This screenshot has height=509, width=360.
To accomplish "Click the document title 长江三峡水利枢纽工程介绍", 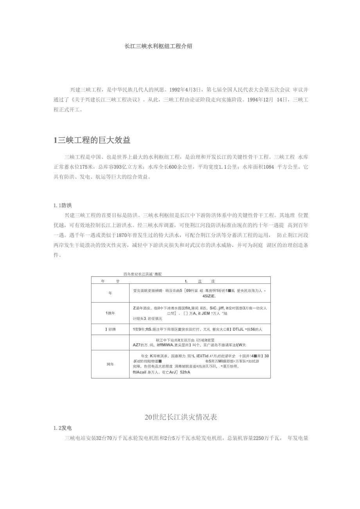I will click(158, 46).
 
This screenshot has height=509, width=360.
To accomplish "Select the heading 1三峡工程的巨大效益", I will click(92, 140).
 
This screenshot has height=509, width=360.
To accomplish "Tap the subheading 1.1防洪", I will click(63, 205).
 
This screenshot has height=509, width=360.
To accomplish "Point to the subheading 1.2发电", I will click(63, 428).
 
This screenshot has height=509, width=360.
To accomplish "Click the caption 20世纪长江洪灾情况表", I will click(180, 417).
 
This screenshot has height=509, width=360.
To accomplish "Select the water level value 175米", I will click(85, 167).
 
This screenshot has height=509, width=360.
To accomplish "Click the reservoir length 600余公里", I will click(175, 167).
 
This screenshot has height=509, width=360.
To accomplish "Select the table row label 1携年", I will click(110, 313).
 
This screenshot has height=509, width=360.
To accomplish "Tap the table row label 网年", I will click(110, 364).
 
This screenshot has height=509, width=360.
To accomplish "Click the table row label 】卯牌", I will click(110, 330).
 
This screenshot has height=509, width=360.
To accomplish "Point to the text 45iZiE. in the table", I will click(209, 296).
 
